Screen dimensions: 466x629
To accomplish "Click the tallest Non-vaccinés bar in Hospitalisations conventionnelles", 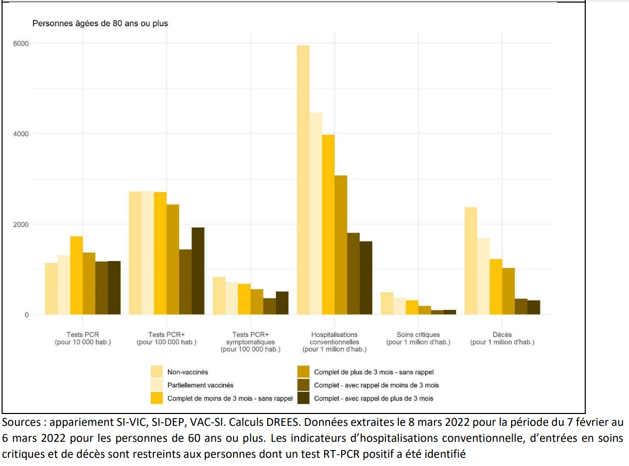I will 303,180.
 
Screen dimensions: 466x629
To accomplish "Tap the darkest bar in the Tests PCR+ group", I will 198,271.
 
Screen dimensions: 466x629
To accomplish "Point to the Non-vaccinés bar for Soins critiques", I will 387,303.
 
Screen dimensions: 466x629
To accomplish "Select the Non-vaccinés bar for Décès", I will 471,261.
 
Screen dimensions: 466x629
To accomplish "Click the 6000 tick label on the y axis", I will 21,43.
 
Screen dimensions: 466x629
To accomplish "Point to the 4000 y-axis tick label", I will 21,134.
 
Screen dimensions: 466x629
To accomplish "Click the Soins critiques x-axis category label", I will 418,338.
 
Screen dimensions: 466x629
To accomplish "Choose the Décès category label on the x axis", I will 502,338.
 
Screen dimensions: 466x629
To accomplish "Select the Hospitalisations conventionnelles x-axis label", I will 335,342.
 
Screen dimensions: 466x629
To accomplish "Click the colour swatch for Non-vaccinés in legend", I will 157,372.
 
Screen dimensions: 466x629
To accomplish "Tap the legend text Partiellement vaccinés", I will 200,385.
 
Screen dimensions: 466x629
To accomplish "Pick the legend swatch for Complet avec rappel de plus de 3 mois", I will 304,398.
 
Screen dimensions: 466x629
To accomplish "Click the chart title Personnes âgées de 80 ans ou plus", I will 100,23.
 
